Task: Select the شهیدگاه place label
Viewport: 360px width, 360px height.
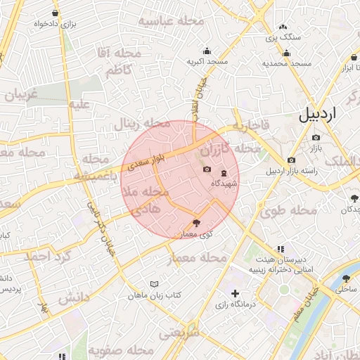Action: click(224, 184)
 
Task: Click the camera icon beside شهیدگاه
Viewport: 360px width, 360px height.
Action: click(207, 169)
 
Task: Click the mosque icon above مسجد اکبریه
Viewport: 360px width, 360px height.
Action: click(207, 51)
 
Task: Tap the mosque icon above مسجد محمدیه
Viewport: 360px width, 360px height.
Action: click(286, 53)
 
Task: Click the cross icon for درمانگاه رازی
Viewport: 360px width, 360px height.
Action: click(235, 293)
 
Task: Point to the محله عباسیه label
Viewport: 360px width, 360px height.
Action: click(171, 21)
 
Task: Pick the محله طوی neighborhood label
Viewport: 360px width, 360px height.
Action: click(280, 210)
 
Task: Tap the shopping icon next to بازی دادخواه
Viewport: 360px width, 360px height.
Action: click(56, 13)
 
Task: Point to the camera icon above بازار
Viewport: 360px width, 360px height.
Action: click(316, 137)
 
